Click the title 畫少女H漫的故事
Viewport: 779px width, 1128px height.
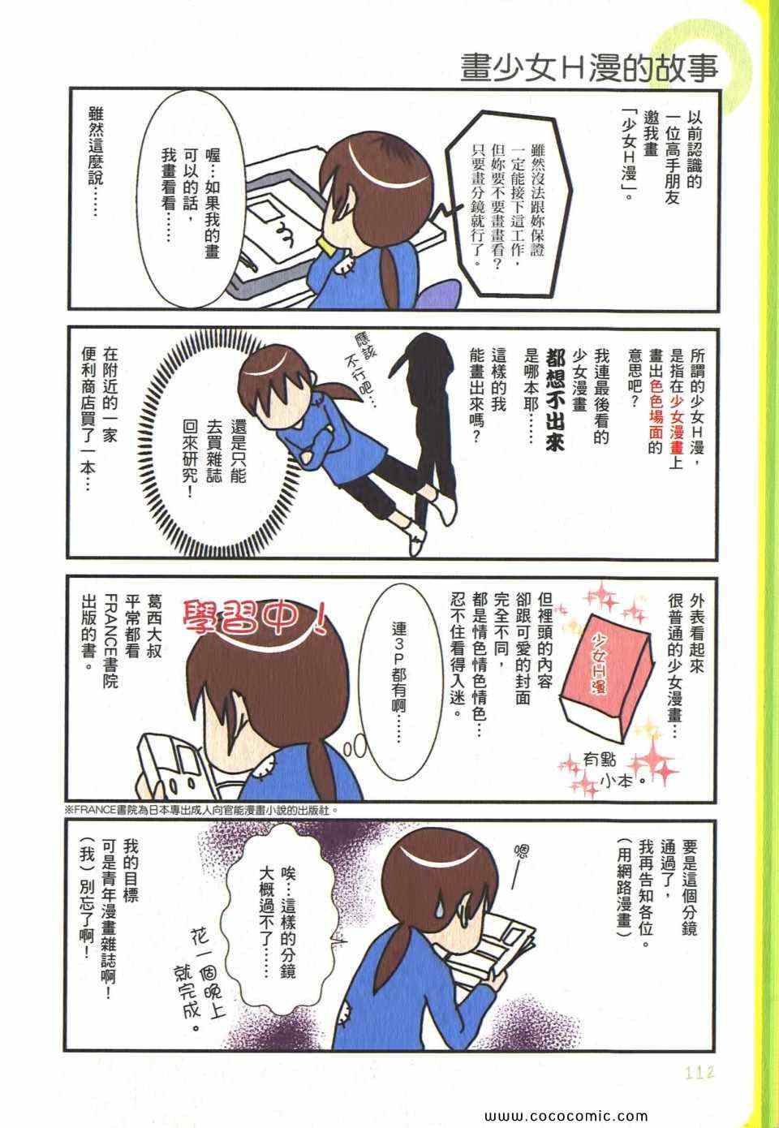pos(589,67)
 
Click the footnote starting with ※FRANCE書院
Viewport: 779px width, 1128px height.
pos(200,811)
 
